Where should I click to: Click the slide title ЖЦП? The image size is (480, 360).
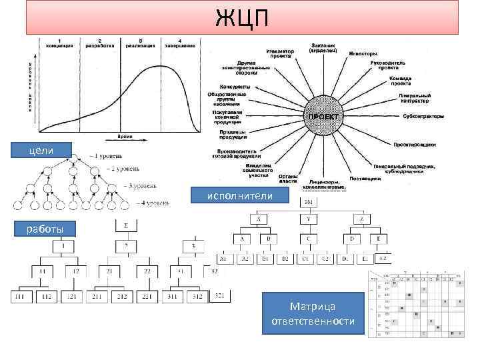click(x=243, y=18)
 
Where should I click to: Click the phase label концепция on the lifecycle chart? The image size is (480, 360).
click(x=60, y=45)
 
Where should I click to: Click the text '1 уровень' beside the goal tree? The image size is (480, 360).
click(x=109, y=156)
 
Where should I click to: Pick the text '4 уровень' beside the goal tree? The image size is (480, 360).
click(x=153, y=201)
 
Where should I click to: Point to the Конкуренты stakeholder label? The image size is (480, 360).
click(x=235, y=87)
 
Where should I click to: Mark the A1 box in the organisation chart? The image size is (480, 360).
click(x=223, y=258)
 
